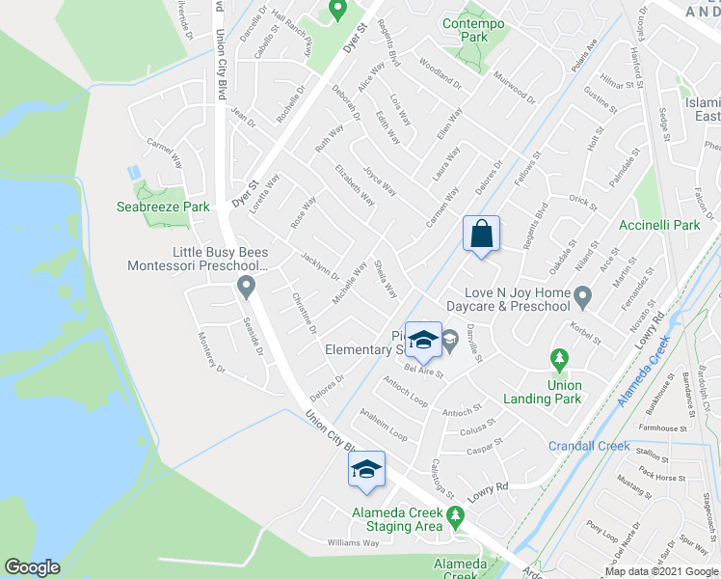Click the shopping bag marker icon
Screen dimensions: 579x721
click(x=481, y=234)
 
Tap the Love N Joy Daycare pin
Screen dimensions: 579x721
click(x=582, y=294)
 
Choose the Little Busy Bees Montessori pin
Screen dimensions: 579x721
click(x=246, y=287)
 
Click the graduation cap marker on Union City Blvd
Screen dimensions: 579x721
click(x=366, y=470)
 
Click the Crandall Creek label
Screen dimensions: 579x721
click(x=589, y=446)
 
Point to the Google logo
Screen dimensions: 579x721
click(x=32, y=567)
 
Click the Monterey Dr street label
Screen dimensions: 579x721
click(x=212, y=354)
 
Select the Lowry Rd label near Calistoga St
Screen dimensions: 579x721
click(x=489, y=489)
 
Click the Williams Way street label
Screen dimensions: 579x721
click(x=352, y=543)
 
